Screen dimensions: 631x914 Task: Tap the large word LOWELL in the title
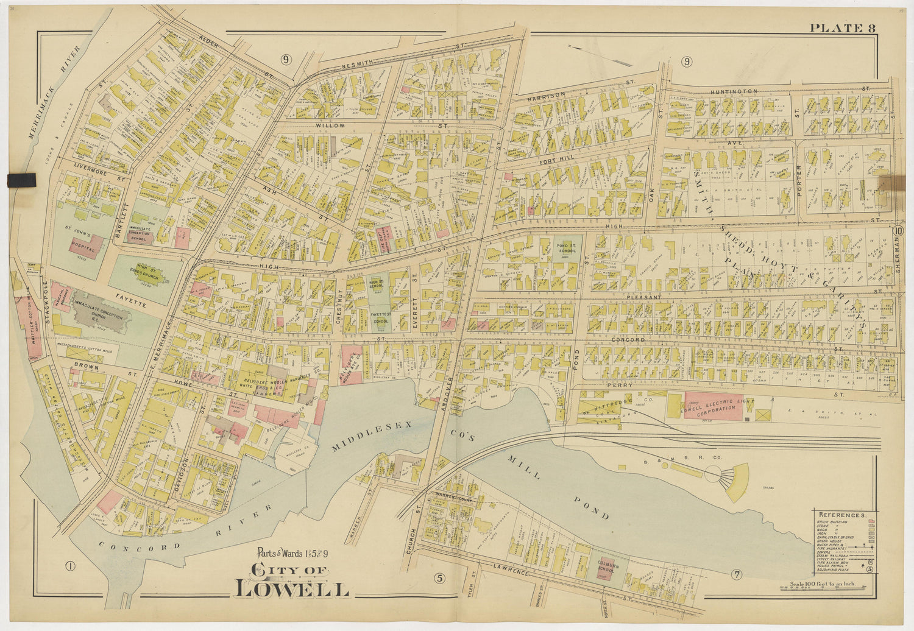292,590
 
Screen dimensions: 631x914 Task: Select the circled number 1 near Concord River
70,566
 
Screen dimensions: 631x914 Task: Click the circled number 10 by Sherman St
899,231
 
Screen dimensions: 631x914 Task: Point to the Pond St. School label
567,249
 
